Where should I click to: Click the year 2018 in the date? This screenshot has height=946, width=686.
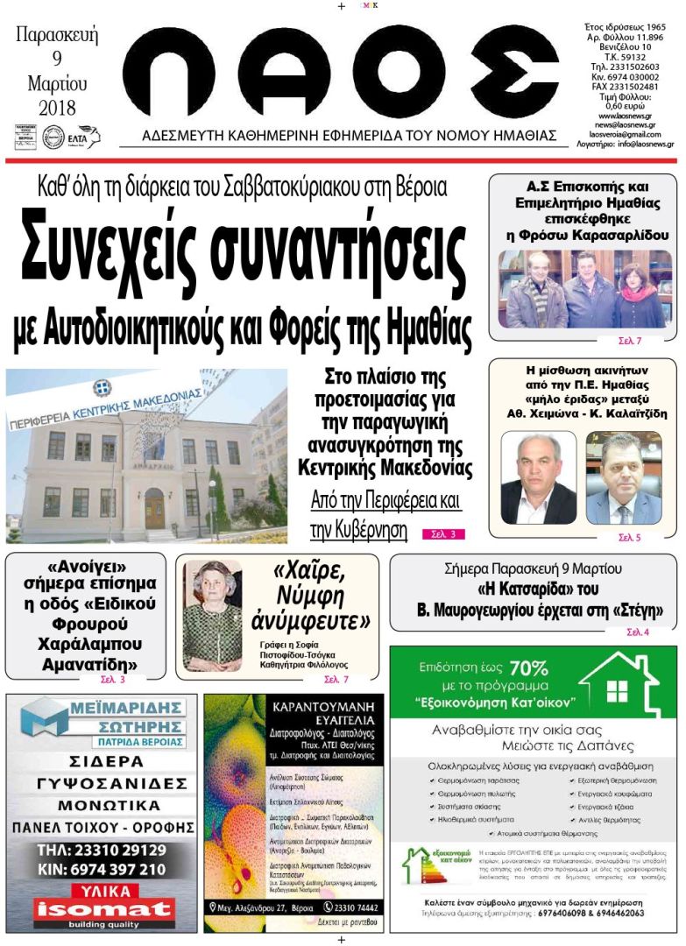58,109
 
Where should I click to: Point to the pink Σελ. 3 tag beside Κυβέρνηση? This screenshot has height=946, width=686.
443,533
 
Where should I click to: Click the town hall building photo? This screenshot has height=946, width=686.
146,455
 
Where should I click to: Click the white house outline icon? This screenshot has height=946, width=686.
619,686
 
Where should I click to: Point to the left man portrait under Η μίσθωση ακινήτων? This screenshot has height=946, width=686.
538,478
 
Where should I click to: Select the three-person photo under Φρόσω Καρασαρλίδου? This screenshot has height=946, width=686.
582,290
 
